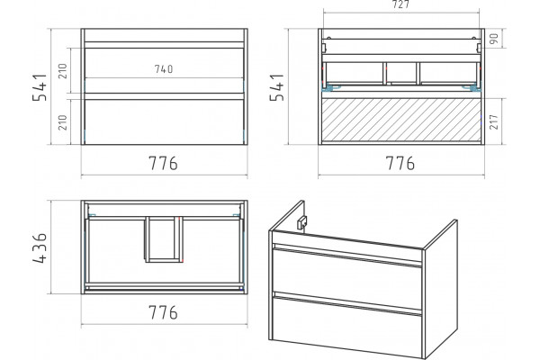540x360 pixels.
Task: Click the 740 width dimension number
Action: pos(164,69)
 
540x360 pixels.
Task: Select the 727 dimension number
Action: pos(400,4)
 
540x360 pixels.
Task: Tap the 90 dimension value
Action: pos(494,38)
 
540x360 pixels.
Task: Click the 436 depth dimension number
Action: pos(40,248)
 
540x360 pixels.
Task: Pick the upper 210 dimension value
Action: pos(63,71)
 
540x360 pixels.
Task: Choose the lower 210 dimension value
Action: pos(63,122)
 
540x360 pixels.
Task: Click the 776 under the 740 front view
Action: pos(163,163)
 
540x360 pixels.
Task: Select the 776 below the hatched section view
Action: pos(400,163)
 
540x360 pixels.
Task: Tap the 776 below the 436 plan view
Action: pos(163,312)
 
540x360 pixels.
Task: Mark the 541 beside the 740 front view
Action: pos(40,87)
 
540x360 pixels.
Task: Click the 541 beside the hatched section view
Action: pos(277,87)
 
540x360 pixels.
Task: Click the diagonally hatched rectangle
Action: pos(401,120)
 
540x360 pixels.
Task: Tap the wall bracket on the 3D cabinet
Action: pos(301,222)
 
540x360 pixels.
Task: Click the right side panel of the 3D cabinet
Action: pos(441,290)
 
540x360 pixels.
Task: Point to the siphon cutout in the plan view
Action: pos(163,239)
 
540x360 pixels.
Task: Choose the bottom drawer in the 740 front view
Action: pos(165,122)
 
